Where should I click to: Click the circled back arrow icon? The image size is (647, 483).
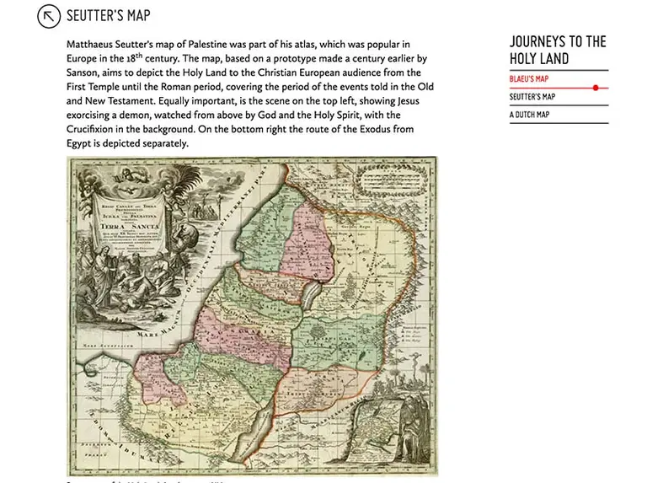[51, 16]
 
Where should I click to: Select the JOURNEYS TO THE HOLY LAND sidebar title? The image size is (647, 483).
[558, 50]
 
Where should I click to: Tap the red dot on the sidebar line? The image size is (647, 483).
[596, 88]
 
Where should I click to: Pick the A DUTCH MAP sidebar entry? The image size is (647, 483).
[529, 115]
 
